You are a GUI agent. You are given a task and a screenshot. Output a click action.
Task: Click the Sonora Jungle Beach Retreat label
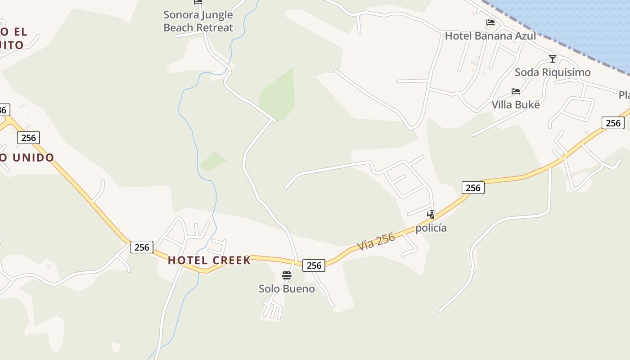tap(198, 21)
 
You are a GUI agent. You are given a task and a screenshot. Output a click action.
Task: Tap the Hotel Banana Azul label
tap(490, 36)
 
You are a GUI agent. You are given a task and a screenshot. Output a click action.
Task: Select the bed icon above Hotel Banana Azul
tap(490, 22)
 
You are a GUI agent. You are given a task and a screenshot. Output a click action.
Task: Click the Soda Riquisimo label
tap(552, 72)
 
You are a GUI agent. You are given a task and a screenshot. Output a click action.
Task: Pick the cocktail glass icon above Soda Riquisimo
tap(553, 59)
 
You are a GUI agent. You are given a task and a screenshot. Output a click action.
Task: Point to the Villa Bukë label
tap(515, 105)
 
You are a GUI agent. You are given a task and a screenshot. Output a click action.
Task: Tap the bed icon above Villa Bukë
tap(516, 91)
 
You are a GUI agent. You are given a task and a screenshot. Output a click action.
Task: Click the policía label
tap(431, 228)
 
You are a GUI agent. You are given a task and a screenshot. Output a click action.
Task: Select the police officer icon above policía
tap(431, 214)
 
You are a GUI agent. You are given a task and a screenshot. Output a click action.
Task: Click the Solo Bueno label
tap(287, 288)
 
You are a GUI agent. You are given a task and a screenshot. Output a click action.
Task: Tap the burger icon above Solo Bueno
tap(287, 275)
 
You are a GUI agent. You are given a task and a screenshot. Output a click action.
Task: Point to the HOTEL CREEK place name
tap(209, 260)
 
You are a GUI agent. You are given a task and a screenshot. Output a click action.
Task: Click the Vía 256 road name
tap(376, 242)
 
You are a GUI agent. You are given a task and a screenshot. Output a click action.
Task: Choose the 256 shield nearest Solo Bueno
tap(314, 265)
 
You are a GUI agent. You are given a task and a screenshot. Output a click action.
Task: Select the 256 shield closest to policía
tap(473, 188)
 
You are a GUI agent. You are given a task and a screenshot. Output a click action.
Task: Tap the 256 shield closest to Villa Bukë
tap(613, 123)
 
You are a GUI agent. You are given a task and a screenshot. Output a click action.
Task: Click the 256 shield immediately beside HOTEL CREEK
tap(142, 247)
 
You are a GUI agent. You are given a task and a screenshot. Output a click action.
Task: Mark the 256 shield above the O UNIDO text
tap(28, 138)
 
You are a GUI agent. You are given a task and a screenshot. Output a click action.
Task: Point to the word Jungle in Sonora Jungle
tap(217, 14)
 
